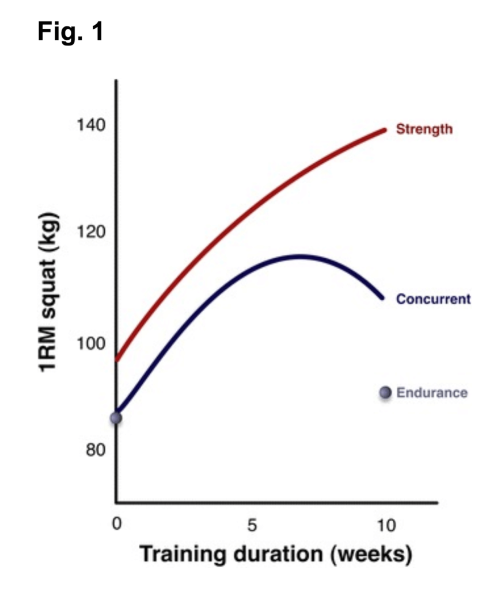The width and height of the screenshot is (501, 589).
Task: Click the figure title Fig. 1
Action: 70,32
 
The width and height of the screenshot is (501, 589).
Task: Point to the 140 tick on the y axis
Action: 92,125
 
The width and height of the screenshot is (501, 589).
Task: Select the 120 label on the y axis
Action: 92,232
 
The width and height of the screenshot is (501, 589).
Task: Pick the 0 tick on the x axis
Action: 116,525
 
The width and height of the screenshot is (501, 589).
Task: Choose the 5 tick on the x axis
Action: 252,525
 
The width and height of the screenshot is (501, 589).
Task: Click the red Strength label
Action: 424,129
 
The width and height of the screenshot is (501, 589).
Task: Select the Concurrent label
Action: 433,299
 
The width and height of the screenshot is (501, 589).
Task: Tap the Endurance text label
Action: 432,393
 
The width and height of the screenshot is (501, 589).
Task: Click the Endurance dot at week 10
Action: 386,393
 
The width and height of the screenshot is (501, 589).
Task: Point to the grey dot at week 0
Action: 116,418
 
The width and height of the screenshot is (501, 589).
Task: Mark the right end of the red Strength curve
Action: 385,130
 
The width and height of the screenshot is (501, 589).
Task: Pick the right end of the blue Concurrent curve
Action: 382,297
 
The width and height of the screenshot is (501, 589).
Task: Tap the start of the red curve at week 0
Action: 117,359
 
